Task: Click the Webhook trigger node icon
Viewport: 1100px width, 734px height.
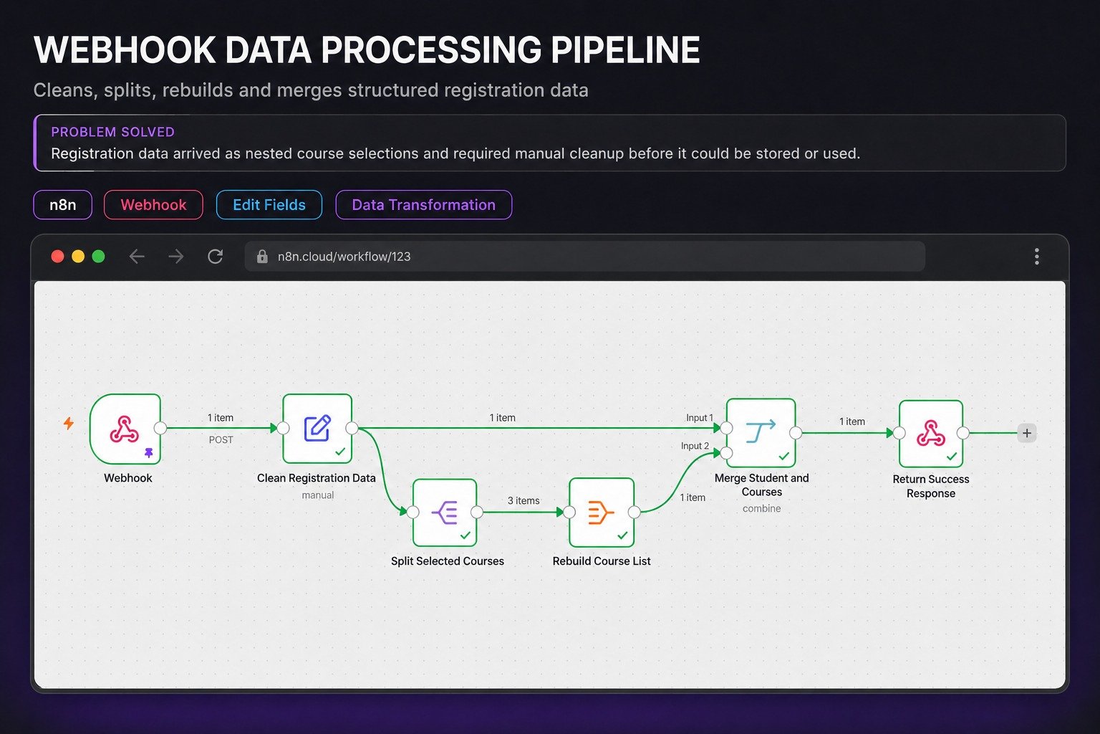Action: (x=125, y=429)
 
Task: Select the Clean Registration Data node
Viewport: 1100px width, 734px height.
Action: (x=317, y=428)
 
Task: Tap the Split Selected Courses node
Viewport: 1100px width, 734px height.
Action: (x=445, y=513)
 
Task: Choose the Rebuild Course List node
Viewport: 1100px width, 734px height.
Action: (x=602, y=513)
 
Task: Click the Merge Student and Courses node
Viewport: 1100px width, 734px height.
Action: (x=761, y=433)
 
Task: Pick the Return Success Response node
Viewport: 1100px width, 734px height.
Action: (x=931, y=433)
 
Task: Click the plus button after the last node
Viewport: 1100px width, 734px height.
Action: (x=1027, y=433)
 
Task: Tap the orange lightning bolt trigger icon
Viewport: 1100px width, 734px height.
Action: (x=69, y=424)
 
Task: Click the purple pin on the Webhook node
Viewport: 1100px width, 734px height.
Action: (x=149, y=453)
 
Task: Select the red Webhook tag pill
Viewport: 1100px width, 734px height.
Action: (x=153, y=204)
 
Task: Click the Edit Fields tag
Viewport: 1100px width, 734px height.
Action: (x=269, y=204)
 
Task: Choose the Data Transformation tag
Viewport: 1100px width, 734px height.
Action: (x=424, y=204)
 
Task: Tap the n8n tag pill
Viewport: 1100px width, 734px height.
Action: (x=62, y=204)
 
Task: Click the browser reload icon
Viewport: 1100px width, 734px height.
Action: (x=215, y=256)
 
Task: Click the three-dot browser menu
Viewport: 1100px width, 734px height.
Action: (x=1037, y=256)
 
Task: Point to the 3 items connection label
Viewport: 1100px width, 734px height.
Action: (x=524, y=500)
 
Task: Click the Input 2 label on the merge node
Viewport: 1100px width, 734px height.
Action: (x=695, y=446)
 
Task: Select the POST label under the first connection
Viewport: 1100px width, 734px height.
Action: (x=221, y=439)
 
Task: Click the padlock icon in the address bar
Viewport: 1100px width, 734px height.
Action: (x=262, y=256)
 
